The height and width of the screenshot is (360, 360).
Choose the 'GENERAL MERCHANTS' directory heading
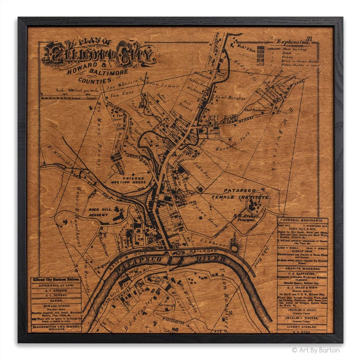(302, 219)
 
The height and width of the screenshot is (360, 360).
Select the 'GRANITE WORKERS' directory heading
(302, 268)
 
